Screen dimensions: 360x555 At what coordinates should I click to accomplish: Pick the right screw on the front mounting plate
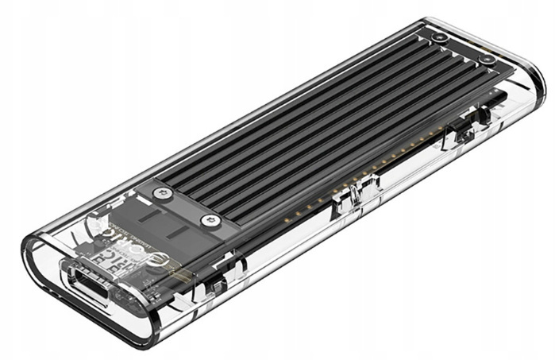tap(210, 220)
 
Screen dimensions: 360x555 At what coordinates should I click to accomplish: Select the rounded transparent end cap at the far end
tap(516, 79)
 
